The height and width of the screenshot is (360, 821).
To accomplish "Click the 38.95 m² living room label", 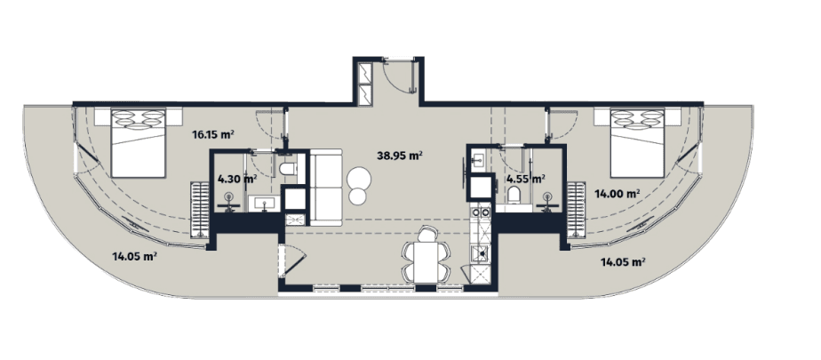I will tap(398, 155).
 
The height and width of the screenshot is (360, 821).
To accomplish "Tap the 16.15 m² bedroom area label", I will tap(212, 135).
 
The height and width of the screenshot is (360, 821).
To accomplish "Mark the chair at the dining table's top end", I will tap(428, 235).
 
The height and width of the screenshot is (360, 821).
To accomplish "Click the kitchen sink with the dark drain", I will tap(477, 252).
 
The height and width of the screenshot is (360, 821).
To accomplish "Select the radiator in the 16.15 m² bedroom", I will tap(198, 207).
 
